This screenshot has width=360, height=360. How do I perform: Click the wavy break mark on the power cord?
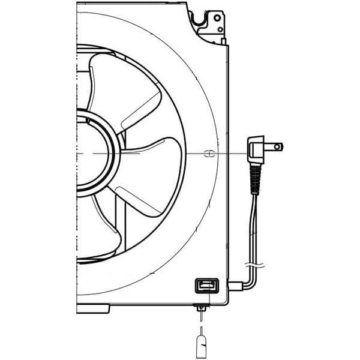tap(253, 264)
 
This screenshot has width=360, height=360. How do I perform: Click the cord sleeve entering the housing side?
tap(235, 287)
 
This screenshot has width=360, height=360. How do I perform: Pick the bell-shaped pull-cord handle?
tap(202, 346)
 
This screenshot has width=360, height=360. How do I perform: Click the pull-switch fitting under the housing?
tap(202, 308)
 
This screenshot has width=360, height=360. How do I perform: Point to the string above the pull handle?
tap(202, 325)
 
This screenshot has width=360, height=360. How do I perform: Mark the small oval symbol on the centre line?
tap(209, 154)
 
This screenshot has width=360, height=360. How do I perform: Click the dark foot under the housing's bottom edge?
tap(93, 308)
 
